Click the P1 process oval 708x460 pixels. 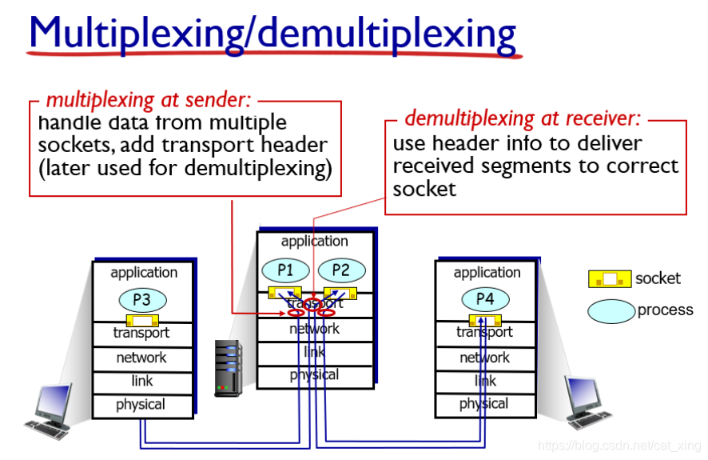tap(285, 270)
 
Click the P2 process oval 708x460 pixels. tap(341, 270)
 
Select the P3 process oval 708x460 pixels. tap(141, 301)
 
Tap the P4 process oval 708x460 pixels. tap(485, 299)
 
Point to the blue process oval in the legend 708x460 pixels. tap(611, 311)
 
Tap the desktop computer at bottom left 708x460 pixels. tap(50, 410)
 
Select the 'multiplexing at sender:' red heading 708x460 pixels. tap(149, 100)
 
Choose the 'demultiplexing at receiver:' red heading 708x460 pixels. tap(523, 119)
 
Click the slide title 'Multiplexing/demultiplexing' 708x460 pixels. tap(272, 33)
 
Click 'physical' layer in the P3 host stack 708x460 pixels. tap(141, 405)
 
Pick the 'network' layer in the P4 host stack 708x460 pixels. tap(485, 358)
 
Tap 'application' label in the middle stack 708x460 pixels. tap(315, 241)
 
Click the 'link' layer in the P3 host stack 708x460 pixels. tap(141, 382)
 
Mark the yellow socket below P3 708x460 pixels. tap(141, 320)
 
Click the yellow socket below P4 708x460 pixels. tap(485, 318)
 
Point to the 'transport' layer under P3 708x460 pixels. tap(141, 334)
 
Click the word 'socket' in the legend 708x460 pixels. tap(658, 278)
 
